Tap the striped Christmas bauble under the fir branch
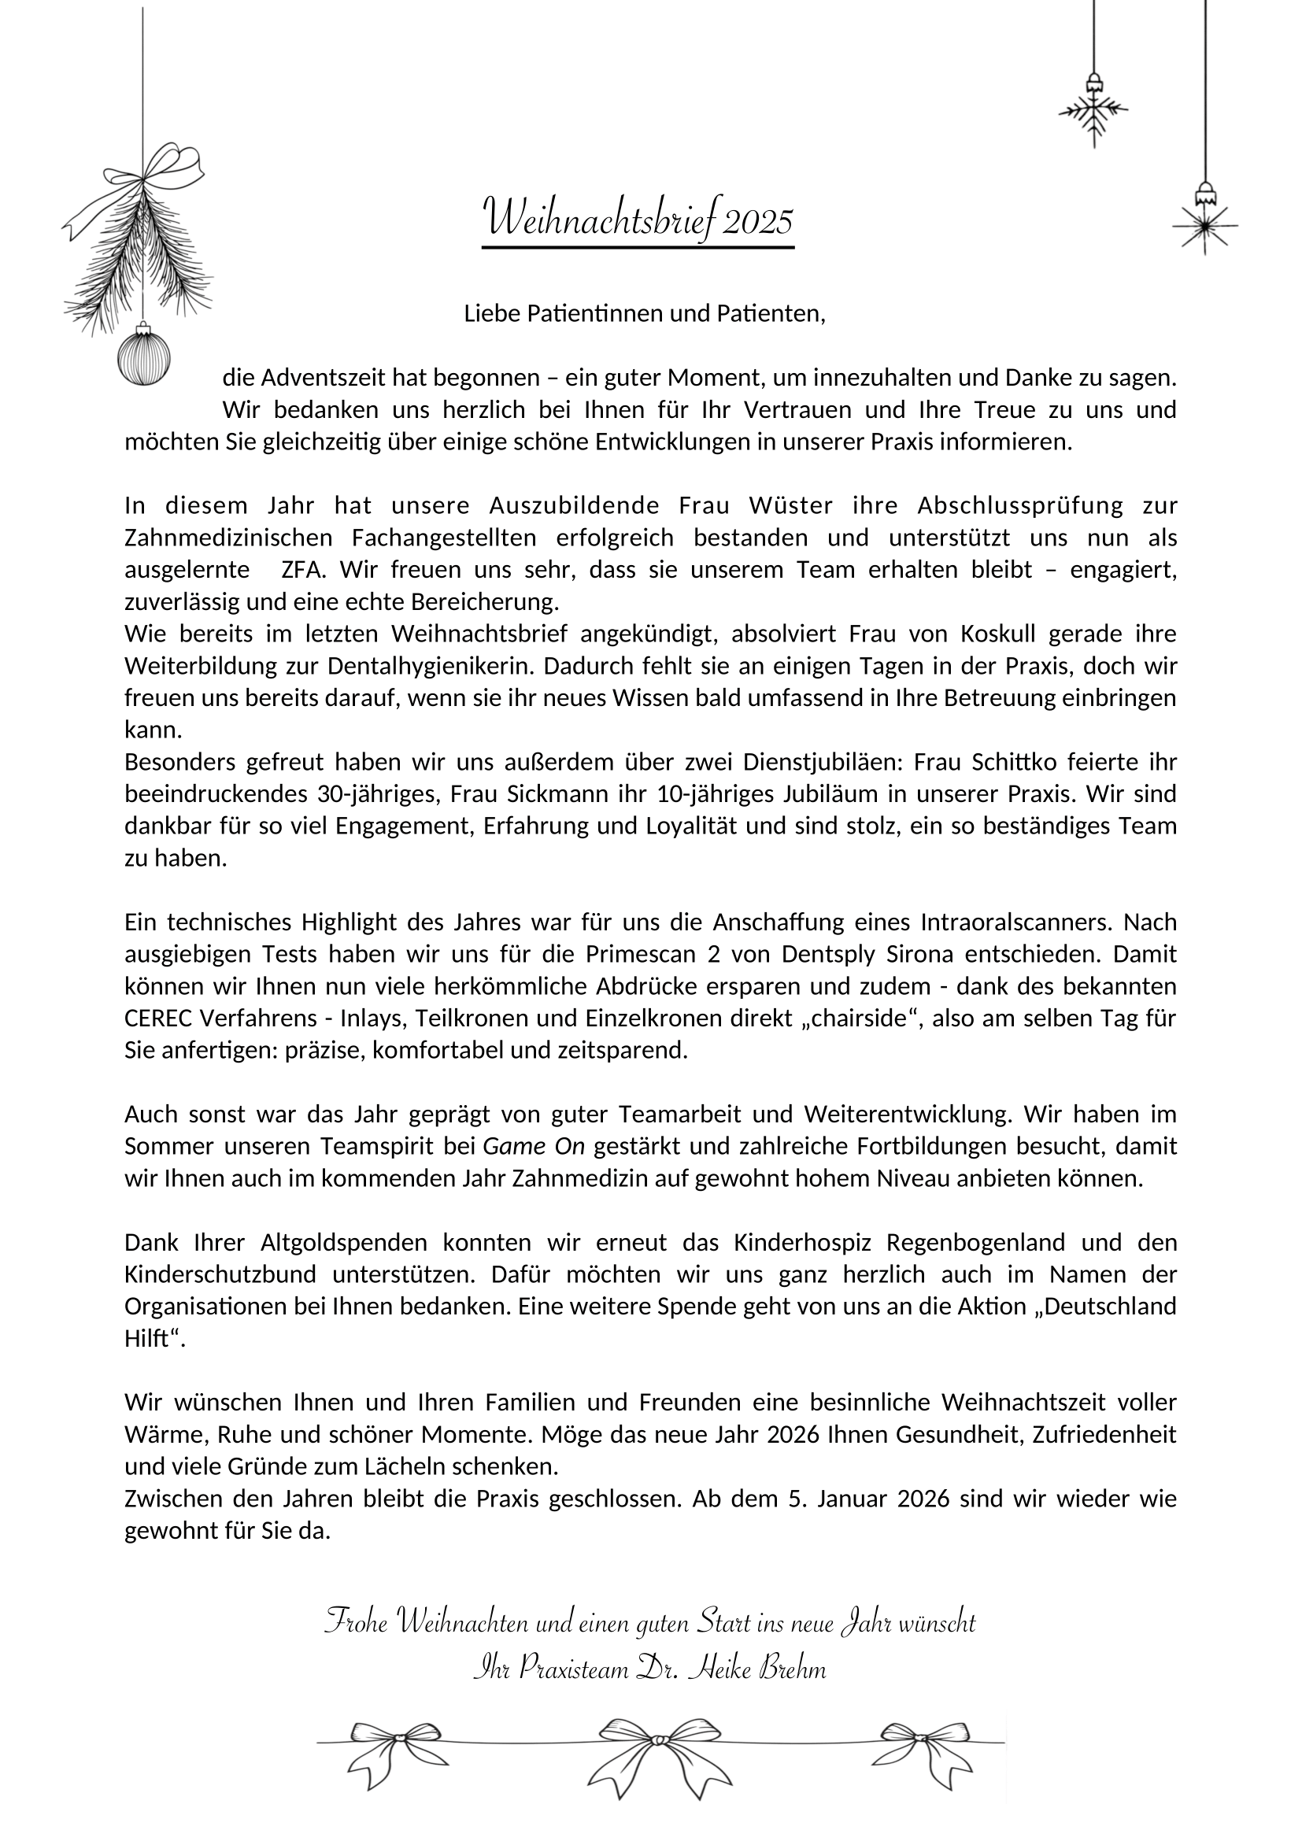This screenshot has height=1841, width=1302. click(x=144, y=358)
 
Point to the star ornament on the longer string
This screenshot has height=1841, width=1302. click(x=1204, y=225)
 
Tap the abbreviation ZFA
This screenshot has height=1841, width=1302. click(x=304, y=570)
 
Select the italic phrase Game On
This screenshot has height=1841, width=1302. click(x=534, y=1148)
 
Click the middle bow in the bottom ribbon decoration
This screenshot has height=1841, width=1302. click(x=659, y=1741)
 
